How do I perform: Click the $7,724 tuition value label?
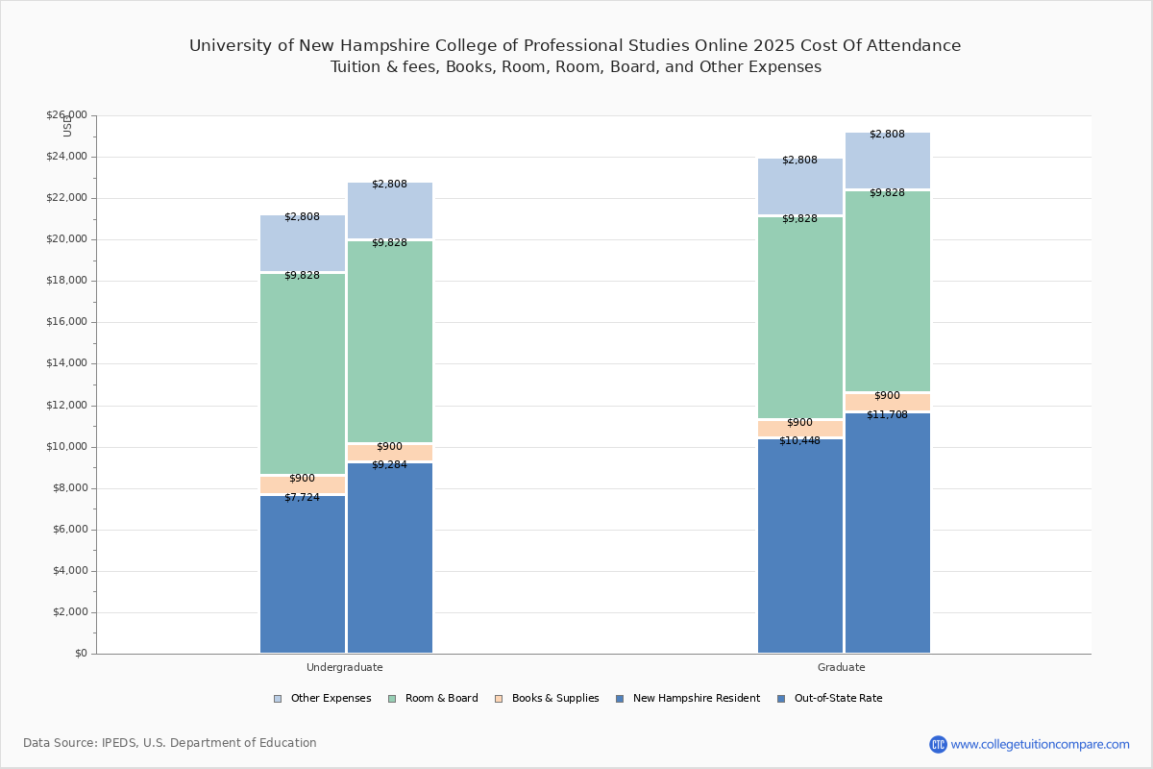click(302, 498)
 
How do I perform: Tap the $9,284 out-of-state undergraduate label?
click(389, 465)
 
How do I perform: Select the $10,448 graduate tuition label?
click(799, 441)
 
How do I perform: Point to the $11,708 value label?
click(887, 415)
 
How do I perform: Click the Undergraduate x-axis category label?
click(345, 667)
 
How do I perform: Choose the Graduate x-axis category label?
click(842, 667)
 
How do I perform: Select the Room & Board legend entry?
click(433, 699)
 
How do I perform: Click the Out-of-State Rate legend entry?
click(830, 699)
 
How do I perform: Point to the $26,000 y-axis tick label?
click(66, 115)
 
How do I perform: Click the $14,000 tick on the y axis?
click(66, 363)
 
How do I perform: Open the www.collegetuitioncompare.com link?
click(1040, 744)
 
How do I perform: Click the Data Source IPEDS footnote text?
click(170, 743)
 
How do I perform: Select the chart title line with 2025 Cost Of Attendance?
click(575, 46)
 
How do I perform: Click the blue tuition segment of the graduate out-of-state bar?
click(888, 533)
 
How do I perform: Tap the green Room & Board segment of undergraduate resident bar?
click(302, 375)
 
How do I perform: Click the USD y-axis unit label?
click(67, 126)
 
